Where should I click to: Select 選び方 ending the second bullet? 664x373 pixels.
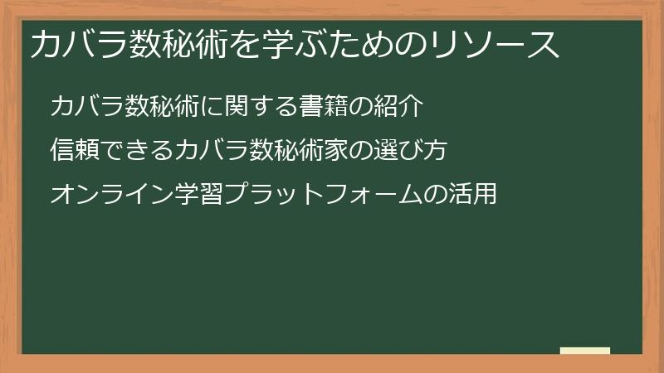tap(413, 150)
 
